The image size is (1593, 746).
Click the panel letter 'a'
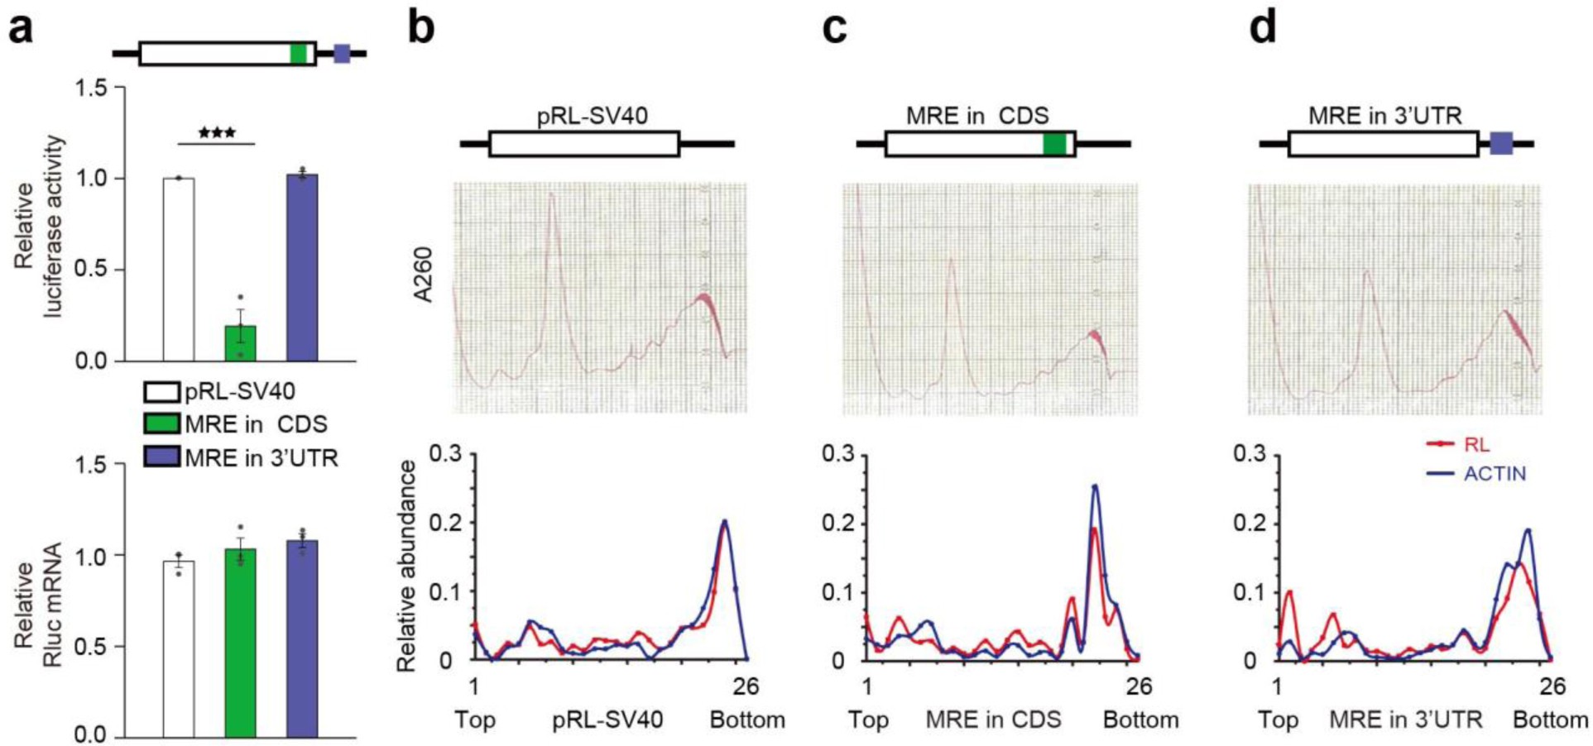coord(22,30)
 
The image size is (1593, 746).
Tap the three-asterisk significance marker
coord(217,133)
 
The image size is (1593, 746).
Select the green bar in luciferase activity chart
coord(240,343)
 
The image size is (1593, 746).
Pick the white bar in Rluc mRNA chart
coord(179,649)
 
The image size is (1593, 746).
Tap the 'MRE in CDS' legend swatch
coord(161,424)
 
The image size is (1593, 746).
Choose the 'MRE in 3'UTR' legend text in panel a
coord(261,457)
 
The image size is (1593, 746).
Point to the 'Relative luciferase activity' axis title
coord(37,227)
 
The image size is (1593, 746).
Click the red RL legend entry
coord(1460,444)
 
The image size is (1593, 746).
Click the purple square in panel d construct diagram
coord(1501,144)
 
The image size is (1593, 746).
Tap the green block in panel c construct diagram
coord(1053,144)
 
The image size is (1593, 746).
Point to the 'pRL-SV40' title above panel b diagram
coord(592,115)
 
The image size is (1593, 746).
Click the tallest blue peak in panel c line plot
coord(1096,486)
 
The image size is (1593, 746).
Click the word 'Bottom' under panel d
coord(1550,720)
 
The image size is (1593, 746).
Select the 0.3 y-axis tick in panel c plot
coord(837,454)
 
